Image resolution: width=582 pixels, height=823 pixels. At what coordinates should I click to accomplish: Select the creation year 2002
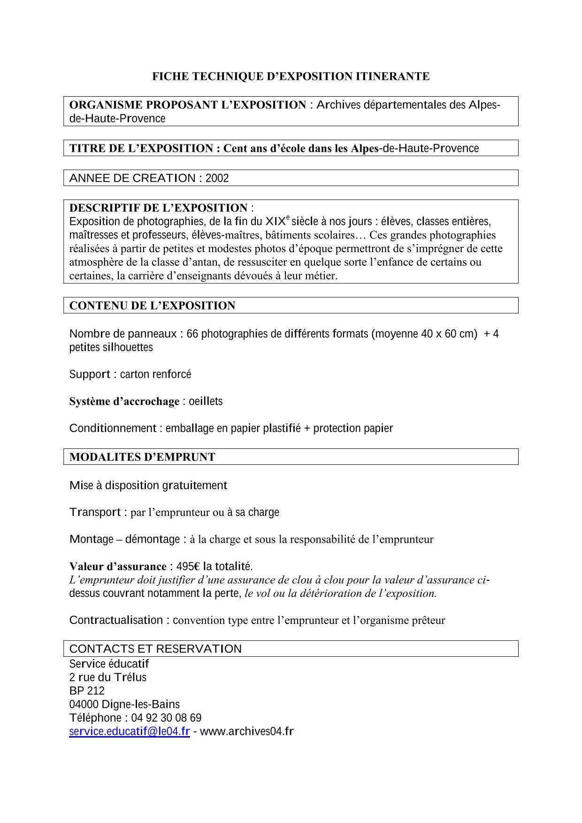pyautogui.click(x=217, y=178)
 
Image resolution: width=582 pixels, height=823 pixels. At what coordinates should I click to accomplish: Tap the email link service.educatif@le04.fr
pyautogui.click(x=130, y=731)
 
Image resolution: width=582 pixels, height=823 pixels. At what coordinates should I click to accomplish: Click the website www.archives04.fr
pyautogui.click(x=246, y=731)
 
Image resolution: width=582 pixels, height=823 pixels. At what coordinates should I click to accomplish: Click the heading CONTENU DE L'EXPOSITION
pyautogui.click(x=152, y=306)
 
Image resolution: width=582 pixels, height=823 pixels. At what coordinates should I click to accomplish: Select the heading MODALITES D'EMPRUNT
pyautogui.click(x=142, y=457)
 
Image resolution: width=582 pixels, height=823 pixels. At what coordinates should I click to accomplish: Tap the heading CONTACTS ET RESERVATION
pyautogui.click(x=155, y=649)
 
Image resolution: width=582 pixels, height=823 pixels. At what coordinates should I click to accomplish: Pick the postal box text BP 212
pyautogui.click(x=87, y=691)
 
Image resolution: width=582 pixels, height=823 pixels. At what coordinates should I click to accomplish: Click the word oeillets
pyautogui.click(x=206, y=401)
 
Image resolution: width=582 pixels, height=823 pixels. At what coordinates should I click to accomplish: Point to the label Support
pyautogui.click(x=90, y=375)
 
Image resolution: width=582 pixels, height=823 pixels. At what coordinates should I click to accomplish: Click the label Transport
pyautogui.click(x=95, y=512)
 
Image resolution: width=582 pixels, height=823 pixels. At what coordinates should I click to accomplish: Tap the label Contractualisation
pyautogui.click(x=116, y=620)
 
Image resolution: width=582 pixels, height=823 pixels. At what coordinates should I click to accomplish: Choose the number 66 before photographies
pyautogui.click(x=192, y=334)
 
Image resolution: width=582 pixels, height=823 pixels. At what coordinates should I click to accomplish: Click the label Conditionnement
pyautogui.click(x=113, y=429)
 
